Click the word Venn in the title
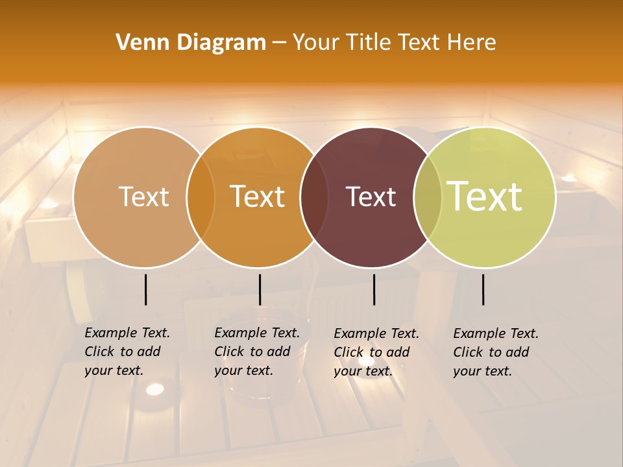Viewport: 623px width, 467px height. [x=142, y=43]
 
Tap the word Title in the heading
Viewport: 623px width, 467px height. [x=369, y=43]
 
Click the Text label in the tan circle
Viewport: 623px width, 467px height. [x=143, y=197]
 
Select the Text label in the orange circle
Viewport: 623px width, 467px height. [x=258, y=197]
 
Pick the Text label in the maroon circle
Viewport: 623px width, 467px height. [x=371, y=197]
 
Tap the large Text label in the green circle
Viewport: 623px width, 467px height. [x=485, y=197]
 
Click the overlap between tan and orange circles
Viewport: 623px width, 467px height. [x=201, y=197]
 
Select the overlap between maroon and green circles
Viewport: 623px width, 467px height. [x=428, y=197]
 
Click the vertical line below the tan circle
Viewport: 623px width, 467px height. [x=145, y=289]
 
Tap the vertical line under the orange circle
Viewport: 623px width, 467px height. [x=260, y=289]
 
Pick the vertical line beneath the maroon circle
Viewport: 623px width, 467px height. [x=374, y=289]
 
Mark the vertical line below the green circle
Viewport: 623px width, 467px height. [x=483, y=289]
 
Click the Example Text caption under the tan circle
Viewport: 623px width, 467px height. [x=127, y=352]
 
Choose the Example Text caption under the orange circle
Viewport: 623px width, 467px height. [x=256, y=352]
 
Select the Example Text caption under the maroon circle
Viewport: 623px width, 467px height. [x=376, y=352]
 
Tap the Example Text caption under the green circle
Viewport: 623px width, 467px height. [x=495, y=352]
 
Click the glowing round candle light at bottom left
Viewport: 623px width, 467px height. [x=154, y=389]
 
